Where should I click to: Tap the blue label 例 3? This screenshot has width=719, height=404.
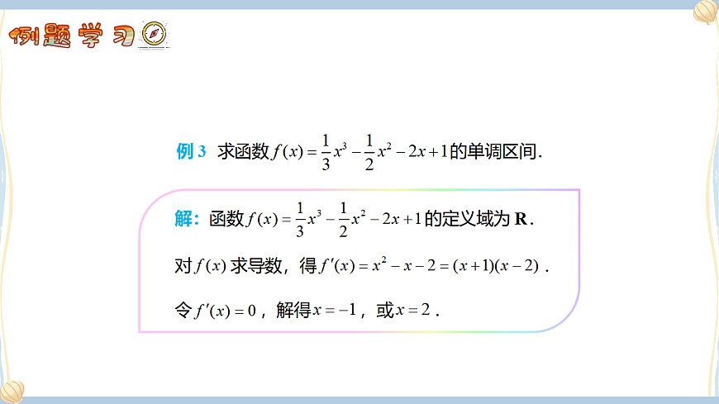pos(191,152)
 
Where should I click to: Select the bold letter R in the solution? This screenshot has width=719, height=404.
pos(521,219)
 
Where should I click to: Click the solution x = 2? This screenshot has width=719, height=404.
pos(414,311)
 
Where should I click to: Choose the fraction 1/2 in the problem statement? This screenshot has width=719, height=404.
pos(369,152)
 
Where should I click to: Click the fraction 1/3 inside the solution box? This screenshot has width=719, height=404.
pos(299,219)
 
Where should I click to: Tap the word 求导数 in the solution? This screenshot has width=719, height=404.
pos(257,266)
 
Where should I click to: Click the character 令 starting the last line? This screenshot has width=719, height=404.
pos(183,311)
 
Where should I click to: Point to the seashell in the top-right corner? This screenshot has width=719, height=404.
pos(705,12)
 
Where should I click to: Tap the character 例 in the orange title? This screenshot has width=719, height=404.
pos(28,36)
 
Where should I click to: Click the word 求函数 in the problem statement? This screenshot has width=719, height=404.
pos(244,152)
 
